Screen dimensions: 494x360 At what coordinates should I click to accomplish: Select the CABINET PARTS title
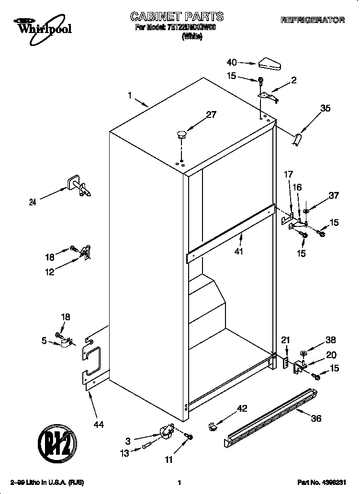coord(177,17)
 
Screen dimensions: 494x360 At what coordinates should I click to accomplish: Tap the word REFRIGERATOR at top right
coord(313,20)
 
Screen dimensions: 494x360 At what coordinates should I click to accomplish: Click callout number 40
coord(232,62)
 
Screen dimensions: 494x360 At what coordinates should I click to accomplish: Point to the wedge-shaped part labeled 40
coord(270,63)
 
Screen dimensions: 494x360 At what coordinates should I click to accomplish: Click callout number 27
coord(211,115)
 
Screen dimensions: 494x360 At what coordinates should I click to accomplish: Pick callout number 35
coord(325,109)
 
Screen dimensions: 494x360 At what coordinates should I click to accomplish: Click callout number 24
coord(33,202)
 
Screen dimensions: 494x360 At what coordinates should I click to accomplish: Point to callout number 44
coord(99,424)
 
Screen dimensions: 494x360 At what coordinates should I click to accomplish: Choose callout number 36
coord(315,418)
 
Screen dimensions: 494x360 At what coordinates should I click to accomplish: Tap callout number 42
coord(242,408)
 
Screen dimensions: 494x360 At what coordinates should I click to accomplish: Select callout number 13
coord(124,453)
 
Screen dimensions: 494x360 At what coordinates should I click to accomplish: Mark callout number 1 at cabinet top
coord(130,96)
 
